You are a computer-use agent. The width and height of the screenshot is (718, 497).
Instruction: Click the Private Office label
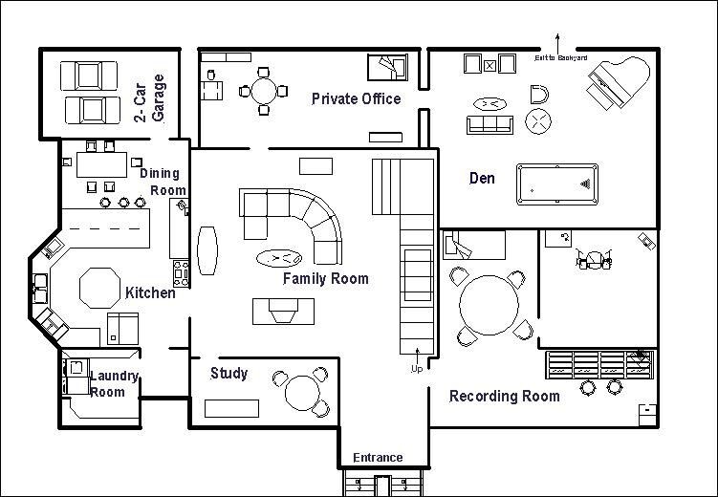click(x=356, y=98)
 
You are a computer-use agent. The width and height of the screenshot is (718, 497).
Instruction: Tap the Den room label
click(x=482, y=178)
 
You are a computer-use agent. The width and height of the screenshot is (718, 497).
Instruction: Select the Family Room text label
click(x=325, y=279)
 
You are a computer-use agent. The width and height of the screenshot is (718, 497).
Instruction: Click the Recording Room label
click(x=505, y=396)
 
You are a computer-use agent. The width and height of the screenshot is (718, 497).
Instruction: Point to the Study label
click(x=228, y=373)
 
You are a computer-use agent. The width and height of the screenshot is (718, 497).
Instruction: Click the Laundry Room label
click(x=114, y=383)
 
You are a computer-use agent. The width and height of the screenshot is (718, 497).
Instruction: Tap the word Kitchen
click(x=150, y=292)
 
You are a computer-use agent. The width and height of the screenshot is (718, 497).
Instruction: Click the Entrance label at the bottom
click(x=378, y=458)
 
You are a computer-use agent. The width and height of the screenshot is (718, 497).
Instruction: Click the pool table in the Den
click(x=559, y=184)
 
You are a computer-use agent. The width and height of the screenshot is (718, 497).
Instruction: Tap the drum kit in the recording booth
click(x=594, y=259)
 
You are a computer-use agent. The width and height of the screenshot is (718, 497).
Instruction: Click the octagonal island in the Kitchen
click(x=97, y=288)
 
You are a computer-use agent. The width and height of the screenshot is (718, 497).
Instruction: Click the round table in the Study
click(x=303, y=392)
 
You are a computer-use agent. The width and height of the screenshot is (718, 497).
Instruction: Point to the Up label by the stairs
click(x=416, y=368)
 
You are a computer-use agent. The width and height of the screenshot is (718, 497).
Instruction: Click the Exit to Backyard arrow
click(x=560, y=43)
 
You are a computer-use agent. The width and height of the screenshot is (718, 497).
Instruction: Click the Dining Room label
click(x=163, y=181)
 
